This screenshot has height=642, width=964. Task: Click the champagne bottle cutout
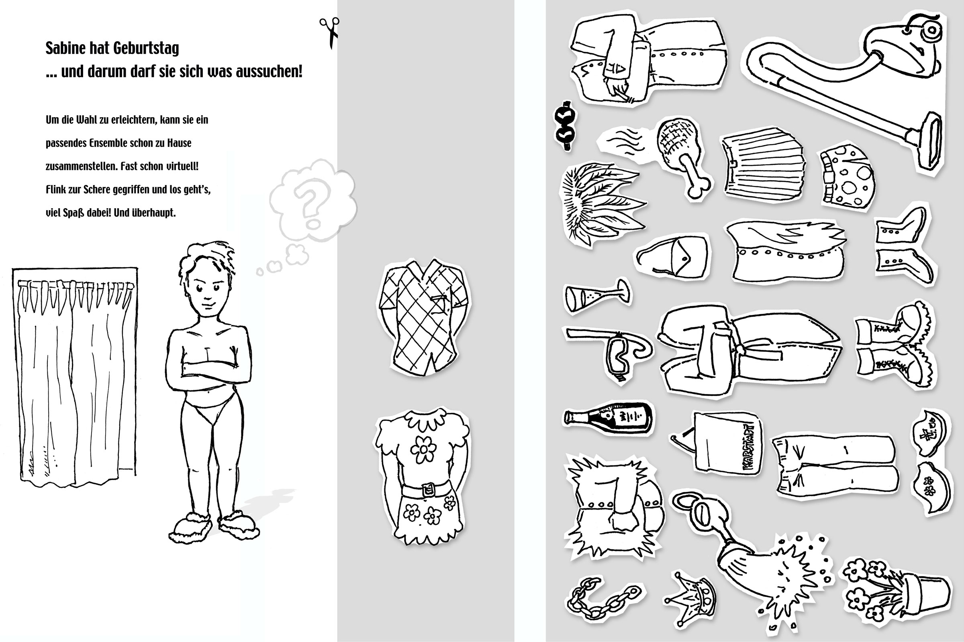(608, 417)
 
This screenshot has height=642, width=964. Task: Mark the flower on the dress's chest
(423, 449)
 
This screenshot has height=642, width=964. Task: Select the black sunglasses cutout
(565, 126)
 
